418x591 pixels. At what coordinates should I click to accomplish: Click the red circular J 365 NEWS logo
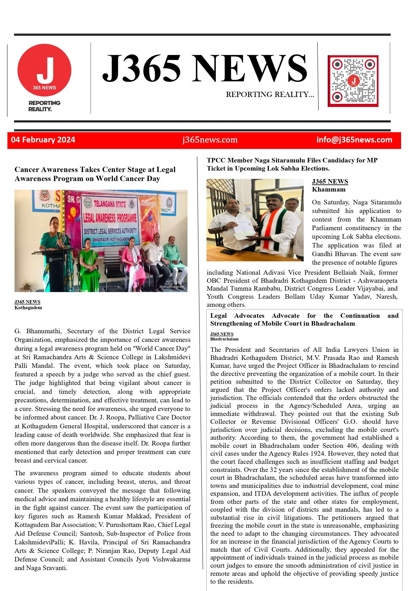point(44,70)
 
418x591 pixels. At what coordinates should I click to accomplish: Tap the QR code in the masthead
point(353,81)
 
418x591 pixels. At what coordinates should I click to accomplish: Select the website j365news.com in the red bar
point(210,140)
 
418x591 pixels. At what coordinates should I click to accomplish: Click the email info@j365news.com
point(354,140)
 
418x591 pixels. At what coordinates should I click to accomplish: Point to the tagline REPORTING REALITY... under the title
point(270,95)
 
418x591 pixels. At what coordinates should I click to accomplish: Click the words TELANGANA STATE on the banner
point(110,204)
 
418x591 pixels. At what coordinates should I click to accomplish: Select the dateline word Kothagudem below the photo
point(28,308)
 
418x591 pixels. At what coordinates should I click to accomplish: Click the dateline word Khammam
point(329,189)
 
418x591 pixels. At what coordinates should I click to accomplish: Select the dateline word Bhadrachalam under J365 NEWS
point(224,339)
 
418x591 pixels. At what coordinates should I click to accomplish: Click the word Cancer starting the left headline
point(27,169)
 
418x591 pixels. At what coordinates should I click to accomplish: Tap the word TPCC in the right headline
point(216,160)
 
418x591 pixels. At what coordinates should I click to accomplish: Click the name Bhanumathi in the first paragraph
point(44,331)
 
